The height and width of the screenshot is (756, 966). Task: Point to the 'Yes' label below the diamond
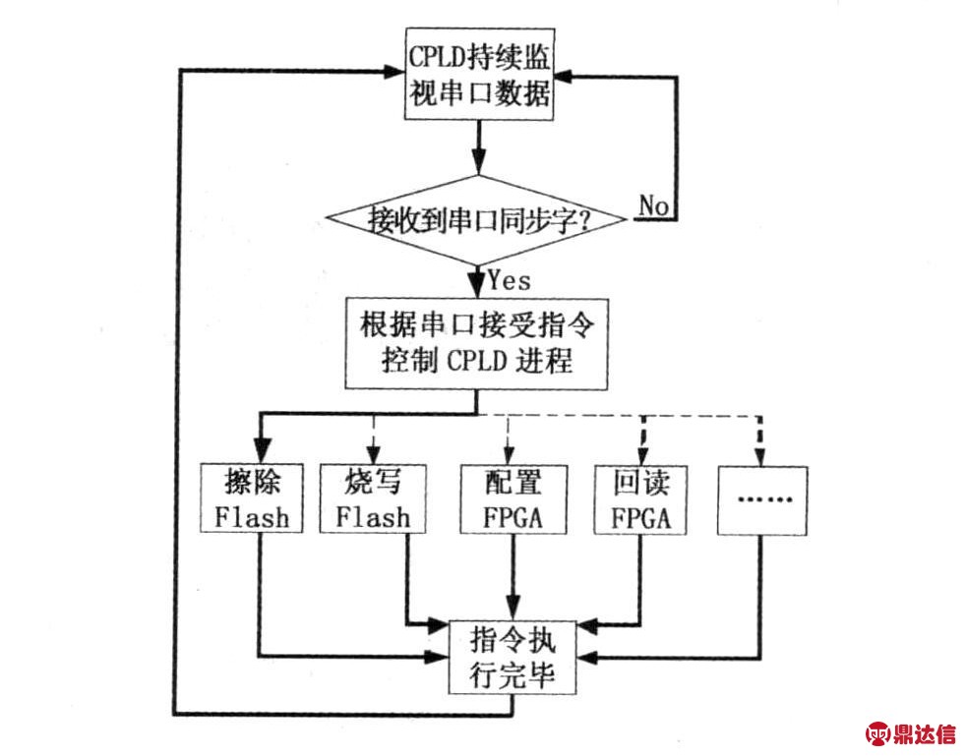pos(509,280)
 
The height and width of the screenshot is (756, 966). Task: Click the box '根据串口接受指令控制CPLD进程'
pos(476,340)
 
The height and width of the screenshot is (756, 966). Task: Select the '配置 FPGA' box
pos(513,497)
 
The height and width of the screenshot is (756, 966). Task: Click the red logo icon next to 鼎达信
pos(876,732)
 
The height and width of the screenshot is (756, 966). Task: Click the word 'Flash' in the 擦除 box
pos(253,516)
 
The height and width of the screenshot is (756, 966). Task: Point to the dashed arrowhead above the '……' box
pos(763,453)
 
